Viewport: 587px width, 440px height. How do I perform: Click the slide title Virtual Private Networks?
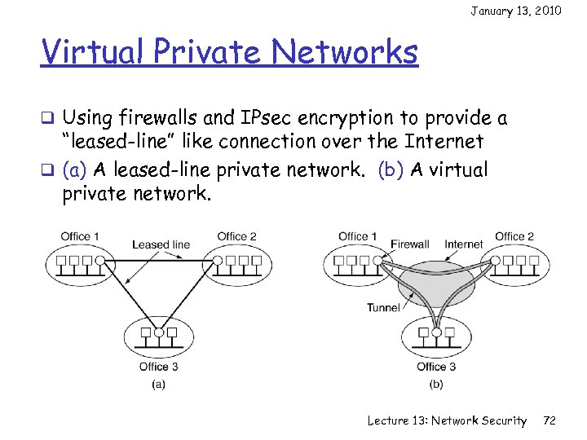click(x=229, y=53)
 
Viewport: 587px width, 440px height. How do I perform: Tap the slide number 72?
click(x=549, y=420)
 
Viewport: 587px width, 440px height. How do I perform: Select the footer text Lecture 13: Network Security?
click(x=447, y=420)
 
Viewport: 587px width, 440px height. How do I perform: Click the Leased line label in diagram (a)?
click(x=161, y=244)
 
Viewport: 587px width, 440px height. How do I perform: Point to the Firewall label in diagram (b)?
click(x=409, y=244)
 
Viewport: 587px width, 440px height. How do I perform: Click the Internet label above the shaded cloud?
click(x=463, y=244)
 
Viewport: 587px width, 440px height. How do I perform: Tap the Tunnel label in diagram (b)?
click(x=383, y=307)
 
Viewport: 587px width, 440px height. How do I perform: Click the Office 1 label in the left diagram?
click(x=80, y=237)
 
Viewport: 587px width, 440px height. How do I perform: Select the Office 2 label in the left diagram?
click(x=236, y=237)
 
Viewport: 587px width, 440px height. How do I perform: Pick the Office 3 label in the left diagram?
click(x=159, y=366)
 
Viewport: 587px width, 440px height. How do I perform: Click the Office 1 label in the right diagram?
click(x=358, y=236)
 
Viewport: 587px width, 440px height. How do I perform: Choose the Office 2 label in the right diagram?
click(x=514, y=236)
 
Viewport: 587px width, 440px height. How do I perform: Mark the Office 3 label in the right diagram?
click(x=437, y=366)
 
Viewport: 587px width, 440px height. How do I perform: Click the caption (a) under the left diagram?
click(x=159, y=383)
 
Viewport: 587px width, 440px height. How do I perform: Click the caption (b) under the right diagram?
click(x=437, y=383)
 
